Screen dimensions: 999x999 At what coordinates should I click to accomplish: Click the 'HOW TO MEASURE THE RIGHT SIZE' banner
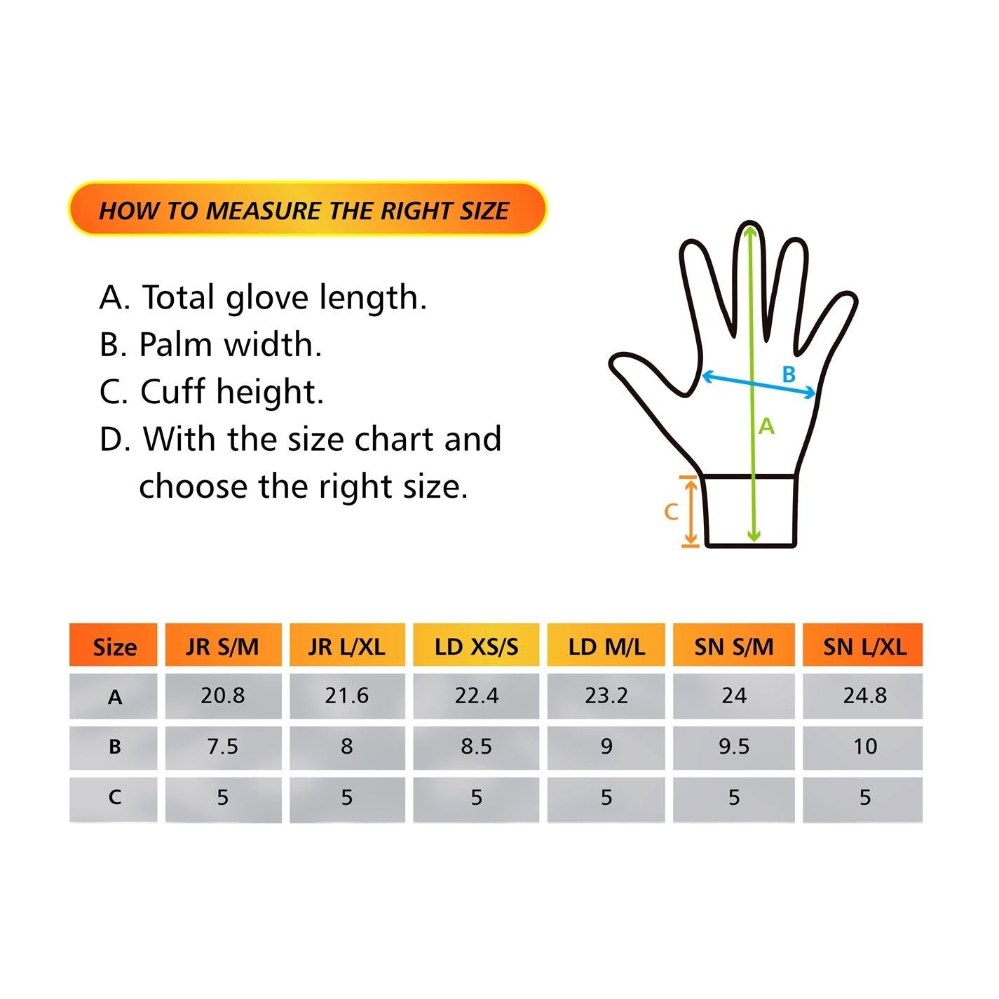coord(306,210)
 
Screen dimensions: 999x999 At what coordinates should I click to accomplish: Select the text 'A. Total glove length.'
coord(263,297)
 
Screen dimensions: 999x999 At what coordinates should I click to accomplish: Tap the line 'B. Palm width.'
coord(210,344)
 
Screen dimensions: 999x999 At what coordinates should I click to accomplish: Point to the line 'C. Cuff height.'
coord(212,391)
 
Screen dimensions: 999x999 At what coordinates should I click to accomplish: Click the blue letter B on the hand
coord(789,374)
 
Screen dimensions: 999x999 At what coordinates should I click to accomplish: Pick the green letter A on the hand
coord(766,426)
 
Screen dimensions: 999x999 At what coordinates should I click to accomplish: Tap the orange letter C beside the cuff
coord(671,512)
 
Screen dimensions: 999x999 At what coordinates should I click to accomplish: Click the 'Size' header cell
coord(114,646)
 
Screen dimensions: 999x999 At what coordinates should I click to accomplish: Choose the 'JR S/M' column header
coord(223,646)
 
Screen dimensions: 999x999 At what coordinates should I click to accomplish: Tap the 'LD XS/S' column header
coord(476,646)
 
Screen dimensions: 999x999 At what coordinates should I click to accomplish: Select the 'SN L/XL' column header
coord(864,646)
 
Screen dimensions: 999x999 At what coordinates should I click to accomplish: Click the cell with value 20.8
coord(223,695)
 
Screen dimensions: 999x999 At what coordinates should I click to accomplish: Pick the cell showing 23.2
coord(606,695)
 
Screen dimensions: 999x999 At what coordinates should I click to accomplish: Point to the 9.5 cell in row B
coord(733,747)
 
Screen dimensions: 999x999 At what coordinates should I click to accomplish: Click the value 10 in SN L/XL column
coord(864,747)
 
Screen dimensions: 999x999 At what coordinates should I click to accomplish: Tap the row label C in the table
coord(114,798)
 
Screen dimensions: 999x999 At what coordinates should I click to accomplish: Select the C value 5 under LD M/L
coord(606,798)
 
